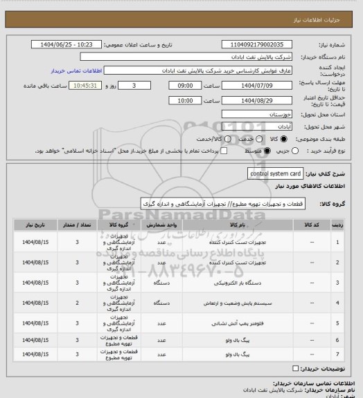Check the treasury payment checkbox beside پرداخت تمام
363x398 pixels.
pyautogui.click(x=222, y=151)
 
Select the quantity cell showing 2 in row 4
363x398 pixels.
pyautogui.click(x=77, y=303)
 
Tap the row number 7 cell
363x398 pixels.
pyautogui.click(x=337, y=354)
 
